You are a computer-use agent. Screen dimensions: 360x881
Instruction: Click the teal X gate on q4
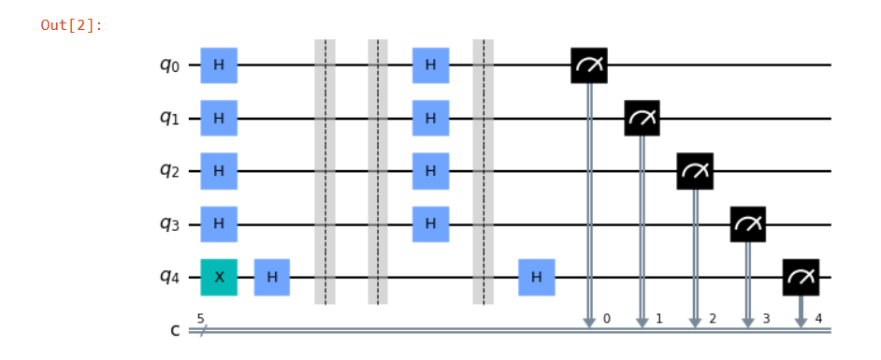(x=219, y=278)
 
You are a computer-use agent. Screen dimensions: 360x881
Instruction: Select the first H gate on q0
(x=219, y=65)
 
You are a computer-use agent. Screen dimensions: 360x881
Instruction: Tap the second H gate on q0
(x=430, y=65)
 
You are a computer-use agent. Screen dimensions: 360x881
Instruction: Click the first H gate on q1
(x=219, y=119)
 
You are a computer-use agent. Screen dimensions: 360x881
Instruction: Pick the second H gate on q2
(x=430, y=171)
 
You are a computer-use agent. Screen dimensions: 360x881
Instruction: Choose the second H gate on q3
(x=430, y=224)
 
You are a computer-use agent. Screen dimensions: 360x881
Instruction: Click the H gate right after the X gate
(x=271, y=278)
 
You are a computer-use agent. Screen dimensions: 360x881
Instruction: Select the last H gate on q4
(x=536, y=278)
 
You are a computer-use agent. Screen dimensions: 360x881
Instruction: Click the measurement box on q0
(x=589, y=65)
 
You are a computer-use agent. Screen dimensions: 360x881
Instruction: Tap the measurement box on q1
(x=643, y=119)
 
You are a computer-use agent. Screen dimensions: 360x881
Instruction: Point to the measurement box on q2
(x=695, y=171)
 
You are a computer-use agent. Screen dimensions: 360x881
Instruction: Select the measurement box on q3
(x=748, y=224)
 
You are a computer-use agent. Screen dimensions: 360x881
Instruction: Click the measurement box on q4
(x=801, y=278)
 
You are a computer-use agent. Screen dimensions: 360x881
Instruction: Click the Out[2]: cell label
(x=71, y=24)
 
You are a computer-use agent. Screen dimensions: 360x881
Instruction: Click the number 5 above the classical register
(x=200, y=319)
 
